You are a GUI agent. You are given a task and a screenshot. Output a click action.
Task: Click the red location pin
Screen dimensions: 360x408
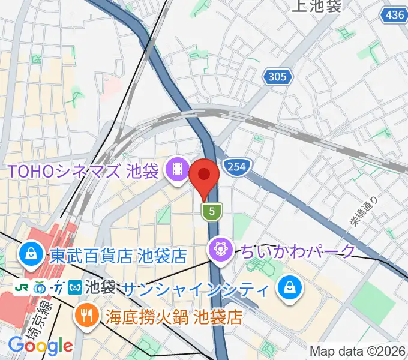coord(204,176)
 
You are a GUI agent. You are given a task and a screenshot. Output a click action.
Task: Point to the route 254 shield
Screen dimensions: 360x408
coord(236,167)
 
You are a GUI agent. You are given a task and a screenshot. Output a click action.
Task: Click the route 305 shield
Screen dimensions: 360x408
coord(278,76)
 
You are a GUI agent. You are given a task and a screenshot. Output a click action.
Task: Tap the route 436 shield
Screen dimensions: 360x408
coord(393,14)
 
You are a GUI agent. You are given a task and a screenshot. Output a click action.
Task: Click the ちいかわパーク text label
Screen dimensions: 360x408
coord(298,250)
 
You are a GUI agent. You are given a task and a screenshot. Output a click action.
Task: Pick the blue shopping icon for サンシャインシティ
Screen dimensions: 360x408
coord(290,288)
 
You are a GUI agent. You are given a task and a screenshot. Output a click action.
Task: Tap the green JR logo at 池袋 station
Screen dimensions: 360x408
coord(23,287)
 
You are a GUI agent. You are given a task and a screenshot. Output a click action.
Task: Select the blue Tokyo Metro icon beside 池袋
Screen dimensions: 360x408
coord(75,287)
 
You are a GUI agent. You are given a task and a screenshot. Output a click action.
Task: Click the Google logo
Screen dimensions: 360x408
coord(40,346)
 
